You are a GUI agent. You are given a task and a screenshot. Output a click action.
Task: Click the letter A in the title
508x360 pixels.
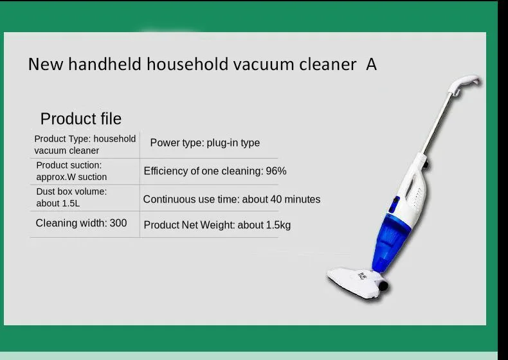(x=371, y=64)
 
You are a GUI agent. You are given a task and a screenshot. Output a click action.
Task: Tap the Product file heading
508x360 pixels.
(x=81, y=118)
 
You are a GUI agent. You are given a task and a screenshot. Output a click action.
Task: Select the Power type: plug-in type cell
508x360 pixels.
(x=204, y=143)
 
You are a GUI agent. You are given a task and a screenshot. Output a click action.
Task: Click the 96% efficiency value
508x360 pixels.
(x=276, y=171)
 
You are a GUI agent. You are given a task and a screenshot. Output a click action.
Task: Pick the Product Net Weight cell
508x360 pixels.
(x=217, y=225)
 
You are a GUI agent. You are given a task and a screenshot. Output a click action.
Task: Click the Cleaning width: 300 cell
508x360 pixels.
(x=81, y=223)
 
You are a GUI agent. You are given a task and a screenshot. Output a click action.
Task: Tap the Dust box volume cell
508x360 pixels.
(x=71, y=197)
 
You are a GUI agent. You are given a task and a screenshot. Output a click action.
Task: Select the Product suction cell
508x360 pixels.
(x=71, y=171)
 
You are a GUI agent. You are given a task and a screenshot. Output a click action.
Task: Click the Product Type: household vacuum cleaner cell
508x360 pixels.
(x=85, y=145)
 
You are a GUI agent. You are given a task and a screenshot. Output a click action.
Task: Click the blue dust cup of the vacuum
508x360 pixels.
(x=390, y=242)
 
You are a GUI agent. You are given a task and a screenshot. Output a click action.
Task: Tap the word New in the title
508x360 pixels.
(x=46, y=64)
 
